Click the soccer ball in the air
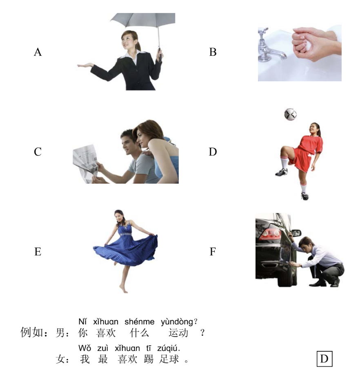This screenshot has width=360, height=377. tap(290, 114)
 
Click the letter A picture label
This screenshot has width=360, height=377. tap(38, 52)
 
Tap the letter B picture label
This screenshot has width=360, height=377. tap(213, 52)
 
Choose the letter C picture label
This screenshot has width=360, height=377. tap(38, 152)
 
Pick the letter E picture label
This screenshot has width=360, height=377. tap(38, 252)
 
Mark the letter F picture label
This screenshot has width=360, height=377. tap(213, 252)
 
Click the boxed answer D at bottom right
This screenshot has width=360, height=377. tap(324, 359)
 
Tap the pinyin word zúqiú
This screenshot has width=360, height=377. tap(168, 348)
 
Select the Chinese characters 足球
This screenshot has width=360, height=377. tap(169, 359)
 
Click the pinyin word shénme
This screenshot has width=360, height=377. tap(140, 322)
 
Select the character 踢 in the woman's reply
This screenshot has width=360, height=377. tap(149, 359)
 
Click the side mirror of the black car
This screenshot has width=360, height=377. tap(296, 233)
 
